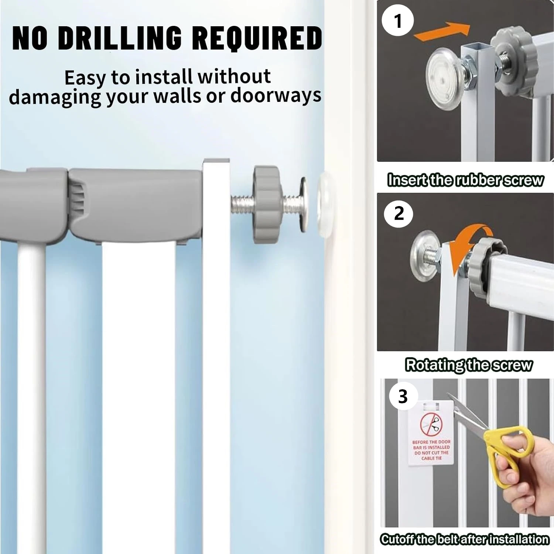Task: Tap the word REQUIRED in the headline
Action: coord(257,38)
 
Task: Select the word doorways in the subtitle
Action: coord(276,95)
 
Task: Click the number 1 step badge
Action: coord(397,20)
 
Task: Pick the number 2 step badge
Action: coord(399,213)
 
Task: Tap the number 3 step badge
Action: coord(403,396)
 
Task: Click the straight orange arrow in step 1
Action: coord(442,31)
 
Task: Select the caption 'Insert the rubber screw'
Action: coord(465,180)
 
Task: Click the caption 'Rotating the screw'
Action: coord(469,365)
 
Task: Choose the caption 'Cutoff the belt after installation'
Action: coord(465,539)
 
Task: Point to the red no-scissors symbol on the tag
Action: coord(431,424)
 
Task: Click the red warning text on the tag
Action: coord(431,450)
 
